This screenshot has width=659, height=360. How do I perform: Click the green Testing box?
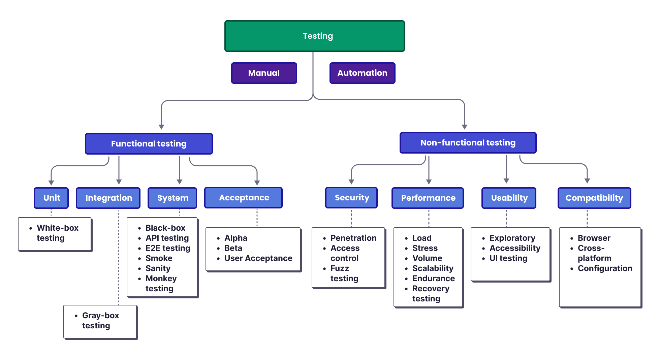click(x=314, y=36)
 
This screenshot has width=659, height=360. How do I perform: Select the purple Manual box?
click(x=264, y=73)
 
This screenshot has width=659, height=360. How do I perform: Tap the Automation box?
click(x=362, y=73)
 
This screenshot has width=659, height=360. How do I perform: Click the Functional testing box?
click(x=149, y=144)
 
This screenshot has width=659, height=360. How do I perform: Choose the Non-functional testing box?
click(x=468, y=143)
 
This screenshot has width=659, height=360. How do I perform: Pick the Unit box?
click(x=51, y=198)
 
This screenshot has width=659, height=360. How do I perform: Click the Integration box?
click(x=108, y=198)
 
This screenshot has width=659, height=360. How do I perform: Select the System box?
click(x=172, y=198)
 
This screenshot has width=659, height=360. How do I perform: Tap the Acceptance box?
click(x=243, y=198)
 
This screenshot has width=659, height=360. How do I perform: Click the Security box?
click(x=351, y=198)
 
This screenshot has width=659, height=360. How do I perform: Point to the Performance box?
click(x=428, y=198)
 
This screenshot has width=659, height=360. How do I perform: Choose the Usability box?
click(x=509, y=198)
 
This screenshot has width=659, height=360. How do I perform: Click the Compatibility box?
click(x=594, y=198)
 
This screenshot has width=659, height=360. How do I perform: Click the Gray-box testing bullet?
click(x=100, y=320)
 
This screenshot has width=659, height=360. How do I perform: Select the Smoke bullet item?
click(x=159, y=258)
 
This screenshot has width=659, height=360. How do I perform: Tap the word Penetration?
click(x=353, y=238)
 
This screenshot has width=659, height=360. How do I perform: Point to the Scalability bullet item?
click(x=433, y=268)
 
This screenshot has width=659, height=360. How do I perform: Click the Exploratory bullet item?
click(x=512, y=238)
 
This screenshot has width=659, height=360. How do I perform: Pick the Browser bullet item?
click(x=594, y=238)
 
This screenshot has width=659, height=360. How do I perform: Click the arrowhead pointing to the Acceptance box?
click(x=257, y=183)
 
